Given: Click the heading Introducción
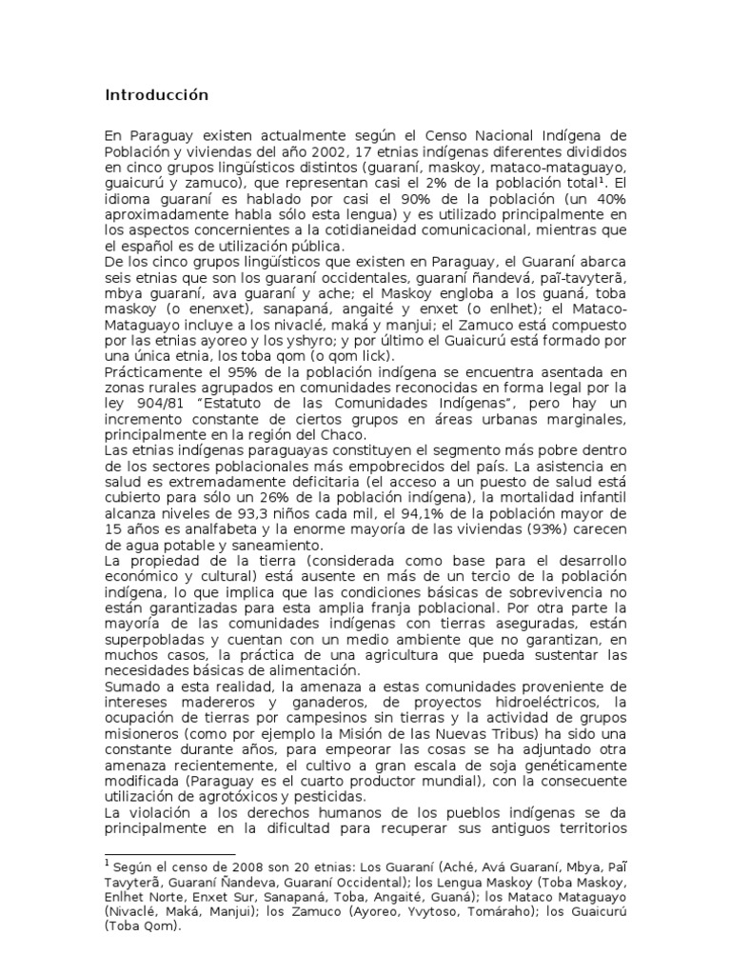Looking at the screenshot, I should click(155, 96).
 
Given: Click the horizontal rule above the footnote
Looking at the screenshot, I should click(168, 854).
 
